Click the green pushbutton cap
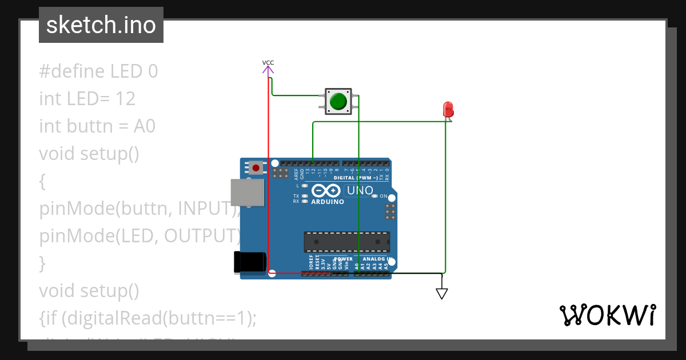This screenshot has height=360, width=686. pos(338,101)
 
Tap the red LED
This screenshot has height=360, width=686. pos(448,109)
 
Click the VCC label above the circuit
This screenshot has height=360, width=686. pos(268,62)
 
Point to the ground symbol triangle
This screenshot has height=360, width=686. pos(441,294)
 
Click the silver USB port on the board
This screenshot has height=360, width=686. pos(247,192)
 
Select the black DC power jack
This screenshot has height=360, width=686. pos(250,262)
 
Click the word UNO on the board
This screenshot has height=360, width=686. pos(360,190)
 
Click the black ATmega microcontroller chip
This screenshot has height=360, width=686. pos(346,242)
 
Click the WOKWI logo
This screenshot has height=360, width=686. pos(607,315)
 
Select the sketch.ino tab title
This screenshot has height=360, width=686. pos(101,25)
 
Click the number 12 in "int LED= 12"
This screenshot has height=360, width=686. pos(125,99)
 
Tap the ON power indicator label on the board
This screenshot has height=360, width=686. pos(384,196)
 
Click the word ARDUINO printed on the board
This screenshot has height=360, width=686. pos(328,202)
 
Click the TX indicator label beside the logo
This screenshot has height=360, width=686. pos(296,196)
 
